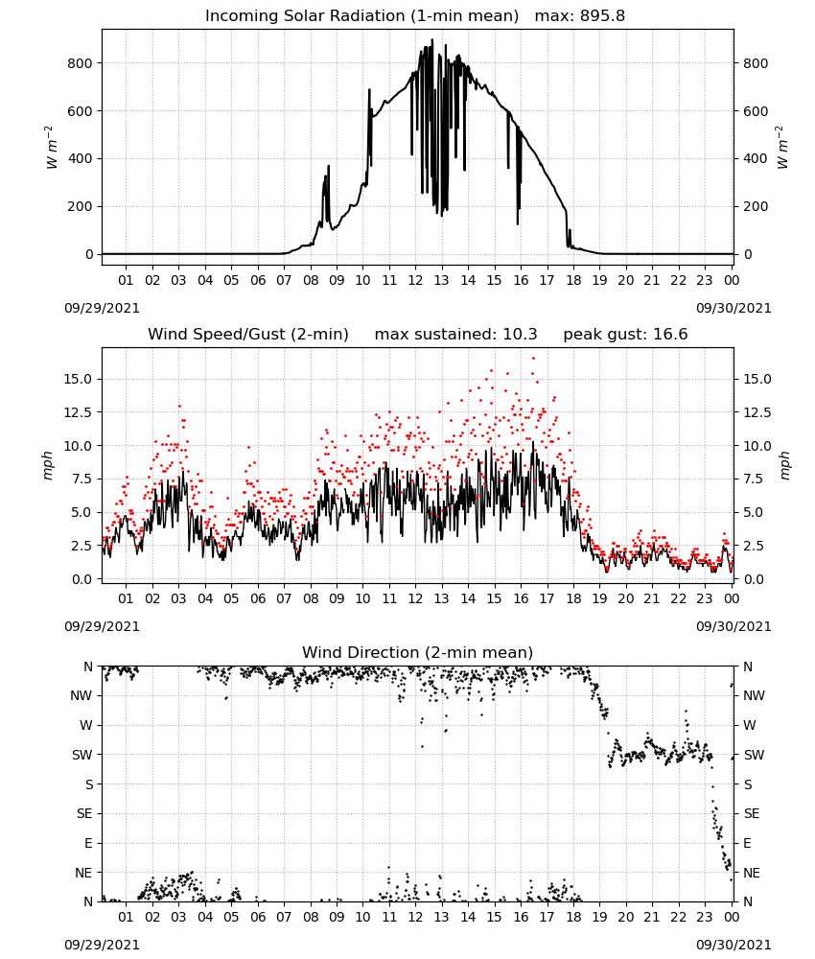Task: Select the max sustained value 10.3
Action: (520, 335)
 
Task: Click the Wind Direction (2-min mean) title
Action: (418, 652)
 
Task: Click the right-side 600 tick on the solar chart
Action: (756, 111)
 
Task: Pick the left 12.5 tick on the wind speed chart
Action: (78, 412)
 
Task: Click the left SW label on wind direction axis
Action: (82, 756)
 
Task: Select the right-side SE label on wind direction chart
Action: (752, 814)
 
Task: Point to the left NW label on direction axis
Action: (81, 696)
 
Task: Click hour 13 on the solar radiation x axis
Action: (441, 281)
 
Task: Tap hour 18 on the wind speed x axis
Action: (573, 598)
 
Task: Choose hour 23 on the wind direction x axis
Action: (705, 918)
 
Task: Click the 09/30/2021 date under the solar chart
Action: (733, 308)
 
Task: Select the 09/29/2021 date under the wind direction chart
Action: (102, 945)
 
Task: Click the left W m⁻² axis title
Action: (52, 148)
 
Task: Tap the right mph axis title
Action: (785, 465)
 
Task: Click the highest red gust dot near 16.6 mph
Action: (533, 358)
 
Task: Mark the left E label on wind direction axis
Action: (88, 843)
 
